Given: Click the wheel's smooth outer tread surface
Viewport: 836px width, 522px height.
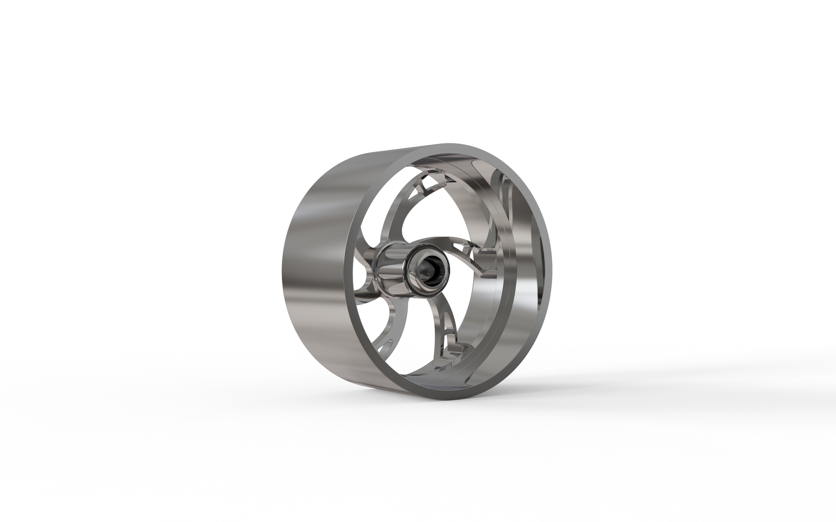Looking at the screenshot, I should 318,266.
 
